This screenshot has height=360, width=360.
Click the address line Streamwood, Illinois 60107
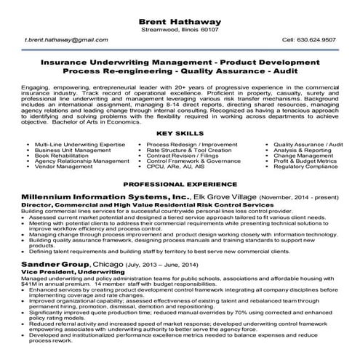[180, 29]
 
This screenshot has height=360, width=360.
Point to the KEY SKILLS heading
[180, 134]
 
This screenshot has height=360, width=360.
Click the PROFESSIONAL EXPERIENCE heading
[180, 185]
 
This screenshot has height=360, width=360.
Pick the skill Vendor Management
[63, 166]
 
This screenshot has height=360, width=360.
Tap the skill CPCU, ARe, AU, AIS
[175, 166]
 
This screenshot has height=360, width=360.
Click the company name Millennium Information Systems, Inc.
[106, 197]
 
